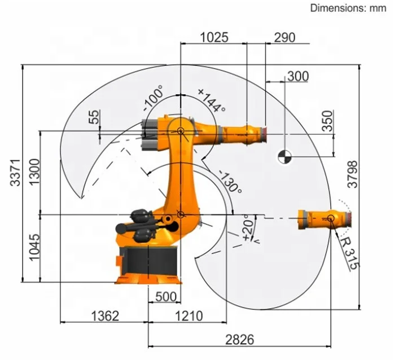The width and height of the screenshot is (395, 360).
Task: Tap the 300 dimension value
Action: pos(298,76)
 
